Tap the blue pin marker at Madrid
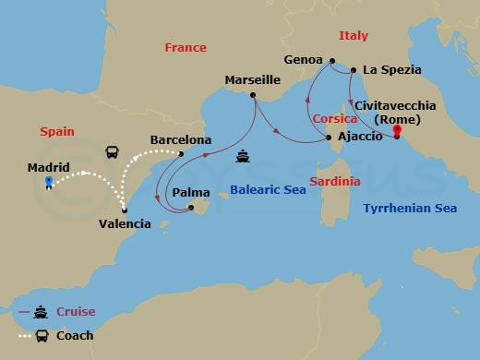point(48,183)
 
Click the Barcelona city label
point(181,140)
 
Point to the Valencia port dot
point(125,210)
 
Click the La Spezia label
point(392,69)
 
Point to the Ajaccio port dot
point(330,138)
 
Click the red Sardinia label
point(334,181)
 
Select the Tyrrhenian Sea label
point(411,209)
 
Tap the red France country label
point(185,47)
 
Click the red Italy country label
point(353,36)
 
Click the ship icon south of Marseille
point(242,155)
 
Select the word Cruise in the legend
point(76,312)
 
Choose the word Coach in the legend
point(75,335)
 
